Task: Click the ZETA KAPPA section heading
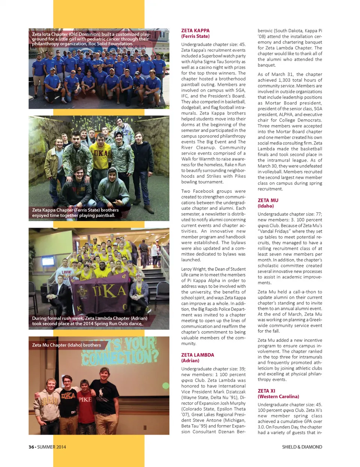pos(195,31)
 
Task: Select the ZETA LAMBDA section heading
pos(198,355)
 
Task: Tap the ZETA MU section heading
pos(268,200)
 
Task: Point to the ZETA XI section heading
pos(266,391)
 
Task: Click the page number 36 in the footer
pos(31,447)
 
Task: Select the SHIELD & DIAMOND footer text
pos(302,447)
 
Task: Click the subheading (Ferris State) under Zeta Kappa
pos(195,36)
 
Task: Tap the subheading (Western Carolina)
pos(278,396)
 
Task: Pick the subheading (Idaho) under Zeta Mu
pos(265,206)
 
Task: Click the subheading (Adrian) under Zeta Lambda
pos(190,360)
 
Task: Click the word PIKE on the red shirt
pos(85,399)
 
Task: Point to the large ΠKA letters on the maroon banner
pos(109,291)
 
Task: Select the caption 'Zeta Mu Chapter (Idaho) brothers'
pos(66,345)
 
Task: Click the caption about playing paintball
pos(75,213)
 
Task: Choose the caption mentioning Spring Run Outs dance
pos(89,321)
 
